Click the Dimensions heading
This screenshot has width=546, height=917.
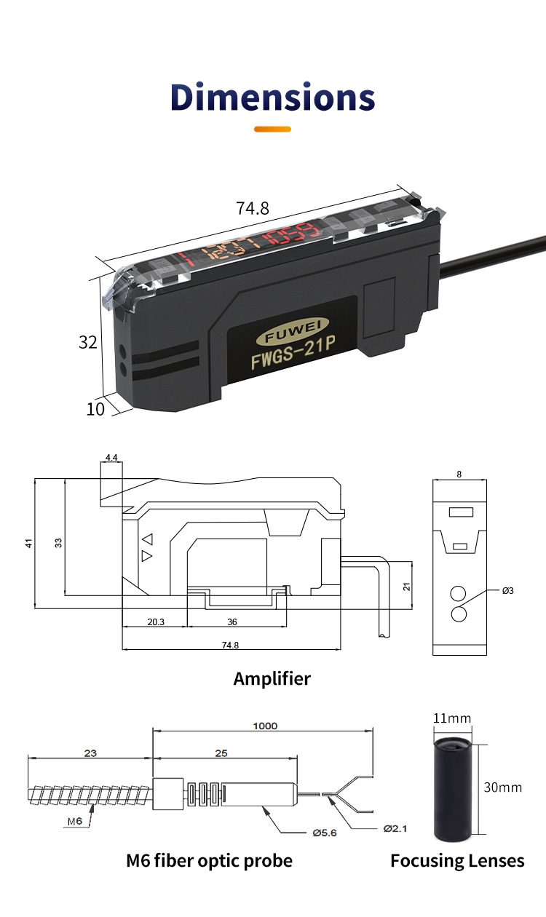[273, 97]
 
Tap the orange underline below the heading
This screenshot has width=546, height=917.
[272, 130]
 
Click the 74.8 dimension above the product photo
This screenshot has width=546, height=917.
[253, 208]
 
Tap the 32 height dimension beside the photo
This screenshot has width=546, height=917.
[88, 342]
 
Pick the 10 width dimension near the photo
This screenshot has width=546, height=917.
[95, 409]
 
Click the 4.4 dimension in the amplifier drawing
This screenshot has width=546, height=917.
[111, 457]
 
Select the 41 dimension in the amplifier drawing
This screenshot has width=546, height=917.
[29, 542]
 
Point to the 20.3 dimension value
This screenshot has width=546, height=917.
[156, 622]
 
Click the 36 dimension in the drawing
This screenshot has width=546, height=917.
[232, 622]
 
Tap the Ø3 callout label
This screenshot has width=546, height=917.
[507, 590]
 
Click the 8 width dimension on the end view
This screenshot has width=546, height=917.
[459, 474]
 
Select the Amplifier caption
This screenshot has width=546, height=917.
[272, 679]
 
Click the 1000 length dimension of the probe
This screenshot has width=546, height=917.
[265, 726]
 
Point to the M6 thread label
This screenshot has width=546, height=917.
[75, 821]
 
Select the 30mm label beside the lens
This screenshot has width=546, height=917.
[503, 787]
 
